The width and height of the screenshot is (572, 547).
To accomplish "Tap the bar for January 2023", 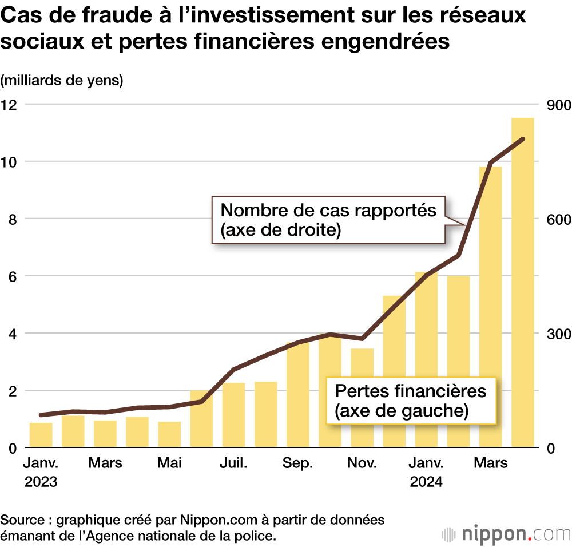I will click(x=41, y=435).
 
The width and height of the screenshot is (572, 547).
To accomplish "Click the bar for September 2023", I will click(x=298, y=395).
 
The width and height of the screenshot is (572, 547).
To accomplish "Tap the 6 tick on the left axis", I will click(x=12, y=276).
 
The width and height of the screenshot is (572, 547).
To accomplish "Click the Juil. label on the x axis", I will click(x=233, y=463).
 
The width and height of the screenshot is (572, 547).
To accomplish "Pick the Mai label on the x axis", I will click(x=169, y=463).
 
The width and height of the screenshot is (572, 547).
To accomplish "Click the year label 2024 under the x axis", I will click(x=426, y=482).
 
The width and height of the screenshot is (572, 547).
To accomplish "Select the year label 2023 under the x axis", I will click(x=41, y=482).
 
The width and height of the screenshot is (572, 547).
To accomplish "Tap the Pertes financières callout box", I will click(x=410, y=401).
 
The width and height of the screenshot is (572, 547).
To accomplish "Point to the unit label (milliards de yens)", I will click(x=62, y=81).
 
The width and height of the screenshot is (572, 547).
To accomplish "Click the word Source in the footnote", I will click(x=23, y=520).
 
